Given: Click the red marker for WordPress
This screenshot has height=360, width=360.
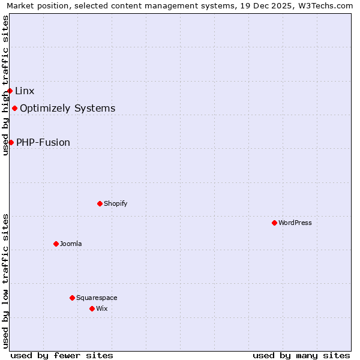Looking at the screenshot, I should [274, 223].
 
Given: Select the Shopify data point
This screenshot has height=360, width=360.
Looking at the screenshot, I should [100, 203].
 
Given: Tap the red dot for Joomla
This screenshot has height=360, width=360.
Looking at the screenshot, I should [56, 244].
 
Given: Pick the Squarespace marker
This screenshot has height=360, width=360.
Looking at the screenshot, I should [72, 298].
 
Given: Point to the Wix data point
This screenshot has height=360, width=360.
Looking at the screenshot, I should [92, 308].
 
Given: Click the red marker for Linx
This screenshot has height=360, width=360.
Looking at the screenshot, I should [10, 91].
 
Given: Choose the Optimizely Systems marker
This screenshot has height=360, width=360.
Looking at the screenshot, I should [14, 109].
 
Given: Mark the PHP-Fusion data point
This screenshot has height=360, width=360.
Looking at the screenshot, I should [11, 142].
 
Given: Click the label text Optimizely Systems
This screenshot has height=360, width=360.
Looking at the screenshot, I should [67, 109].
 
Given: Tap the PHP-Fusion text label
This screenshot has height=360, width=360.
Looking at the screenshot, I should [43, 142].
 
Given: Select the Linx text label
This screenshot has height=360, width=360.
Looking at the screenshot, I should [25, 91].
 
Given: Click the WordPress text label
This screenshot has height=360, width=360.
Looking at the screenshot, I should [295, 223].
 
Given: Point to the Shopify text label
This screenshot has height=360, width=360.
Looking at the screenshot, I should [115, 203].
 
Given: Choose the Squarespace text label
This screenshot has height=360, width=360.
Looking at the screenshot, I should [97, 298].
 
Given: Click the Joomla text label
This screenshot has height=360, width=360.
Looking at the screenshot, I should [71, 244].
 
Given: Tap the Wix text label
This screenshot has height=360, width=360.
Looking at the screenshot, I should [102, 308].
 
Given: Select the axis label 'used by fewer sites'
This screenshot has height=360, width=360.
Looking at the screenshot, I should [62, 355].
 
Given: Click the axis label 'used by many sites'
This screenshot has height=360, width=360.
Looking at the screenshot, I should [301, 355].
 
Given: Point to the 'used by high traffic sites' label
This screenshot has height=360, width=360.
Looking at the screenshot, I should [6, 85].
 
